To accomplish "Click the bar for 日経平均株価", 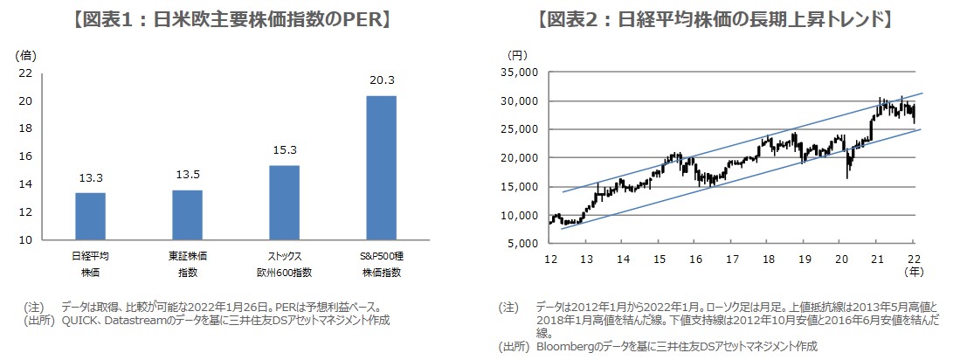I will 90,216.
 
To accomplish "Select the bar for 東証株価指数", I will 187,215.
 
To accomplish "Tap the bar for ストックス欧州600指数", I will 284,202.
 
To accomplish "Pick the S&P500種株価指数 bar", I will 381,167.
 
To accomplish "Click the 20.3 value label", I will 381,80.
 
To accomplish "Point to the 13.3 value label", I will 90,179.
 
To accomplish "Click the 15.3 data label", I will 284,151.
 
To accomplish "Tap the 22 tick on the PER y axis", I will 24,73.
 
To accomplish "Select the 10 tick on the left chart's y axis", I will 24,239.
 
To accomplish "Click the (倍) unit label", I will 25,54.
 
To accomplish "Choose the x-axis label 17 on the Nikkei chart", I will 731,260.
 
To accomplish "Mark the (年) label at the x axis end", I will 913,272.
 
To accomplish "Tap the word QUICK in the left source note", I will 79,320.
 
